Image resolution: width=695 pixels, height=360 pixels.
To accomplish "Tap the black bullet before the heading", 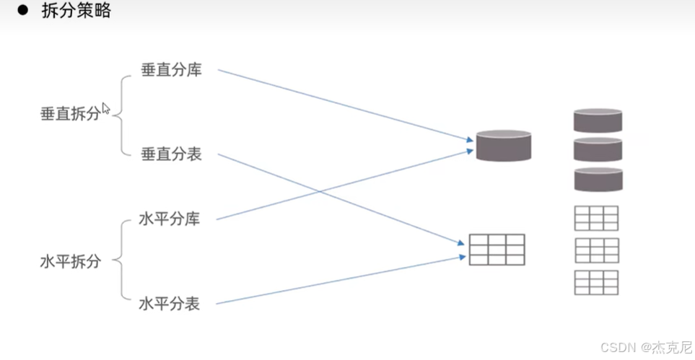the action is tap(22, 11).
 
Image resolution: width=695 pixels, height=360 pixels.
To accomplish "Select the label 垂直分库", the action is tap(171, 71).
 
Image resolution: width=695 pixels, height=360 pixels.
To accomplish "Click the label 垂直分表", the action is tap(171, 154).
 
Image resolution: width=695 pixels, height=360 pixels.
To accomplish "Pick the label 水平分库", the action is tap(169, 219).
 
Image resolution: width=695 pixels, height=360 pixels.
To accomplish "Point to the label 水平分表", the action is tap(169, 304).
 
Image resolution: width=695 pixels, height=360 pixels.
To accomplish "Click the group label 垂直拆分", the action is tap(70, 115).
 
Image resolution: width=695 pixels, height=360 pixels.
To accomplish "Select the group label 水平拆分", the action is tap(70, 262).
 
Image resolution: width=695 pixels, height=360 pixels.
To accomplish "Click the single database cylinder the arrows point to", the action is tap(503, 145).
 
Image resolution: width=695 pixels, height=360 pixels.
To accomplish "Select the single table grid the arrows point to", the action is tap(497, 250).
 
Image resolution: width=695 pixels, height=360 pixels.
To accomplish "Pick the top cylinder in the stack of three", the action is tap(598, 120).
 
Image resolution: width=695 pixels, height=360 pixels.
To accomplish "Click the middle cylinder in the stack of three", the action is tap(598, 149).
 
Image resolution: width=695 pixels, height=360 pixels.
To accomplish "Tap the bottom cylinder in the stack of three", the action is tap(598, 180).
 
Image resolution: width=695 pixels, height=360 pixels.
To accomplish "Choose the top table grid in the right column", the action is tap(596, 218).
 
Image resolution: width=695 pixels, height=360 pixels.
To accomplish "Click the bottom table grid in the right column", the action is tap(596, 282).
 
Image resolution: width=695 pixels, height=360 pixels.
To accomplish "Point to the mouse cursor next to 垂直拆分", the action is tap(106, 109).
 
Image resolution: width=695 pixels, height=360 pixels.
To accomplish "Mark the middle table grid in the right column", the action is tap(596, 250).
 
